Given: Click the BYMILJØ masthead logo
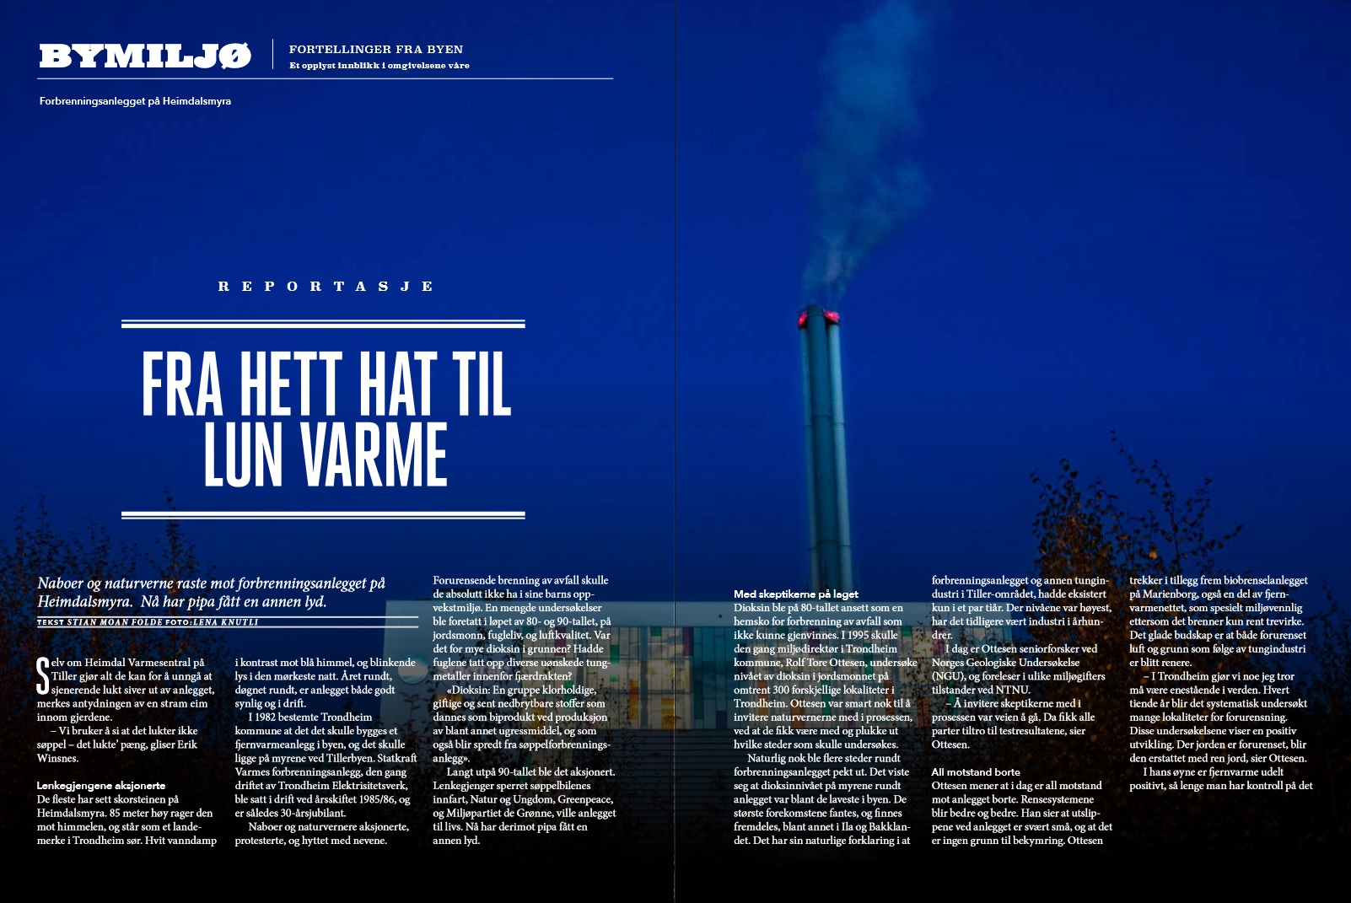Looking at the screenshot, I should tap(145, 56).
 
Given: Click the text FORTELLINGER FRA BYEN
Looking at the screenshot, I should tap(375, 50).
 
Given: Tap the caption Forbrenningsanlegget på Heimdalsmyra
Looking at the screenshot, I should tap(135, 101).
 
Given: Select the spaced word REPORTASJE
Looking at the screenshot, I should tap(326, 287).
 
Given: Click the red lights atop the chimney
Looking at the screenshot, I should tap(820, 317).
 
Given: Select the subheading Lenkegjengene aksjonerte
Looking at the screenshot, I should tap(100, 786).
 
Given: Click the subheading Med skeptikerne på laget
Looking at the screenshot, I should tap(795, 594).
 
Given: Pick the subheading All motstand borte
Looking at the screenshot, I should tap(976, 772).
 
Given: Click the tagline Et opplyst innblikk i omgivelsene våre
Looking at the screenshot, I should tap(379, 66).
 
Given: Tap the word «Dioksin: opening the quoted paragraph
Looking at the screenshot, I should tap(467, 690).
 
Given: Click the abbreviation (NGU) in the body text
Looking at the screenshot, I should tap(948, 676).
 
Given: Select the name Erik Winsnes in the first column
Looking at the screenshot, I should tap(58, 758).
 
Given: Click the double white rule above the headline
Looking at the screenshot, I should tap(323, 324).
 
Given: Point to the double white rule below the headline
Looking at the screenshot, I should tap(323, 514).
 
